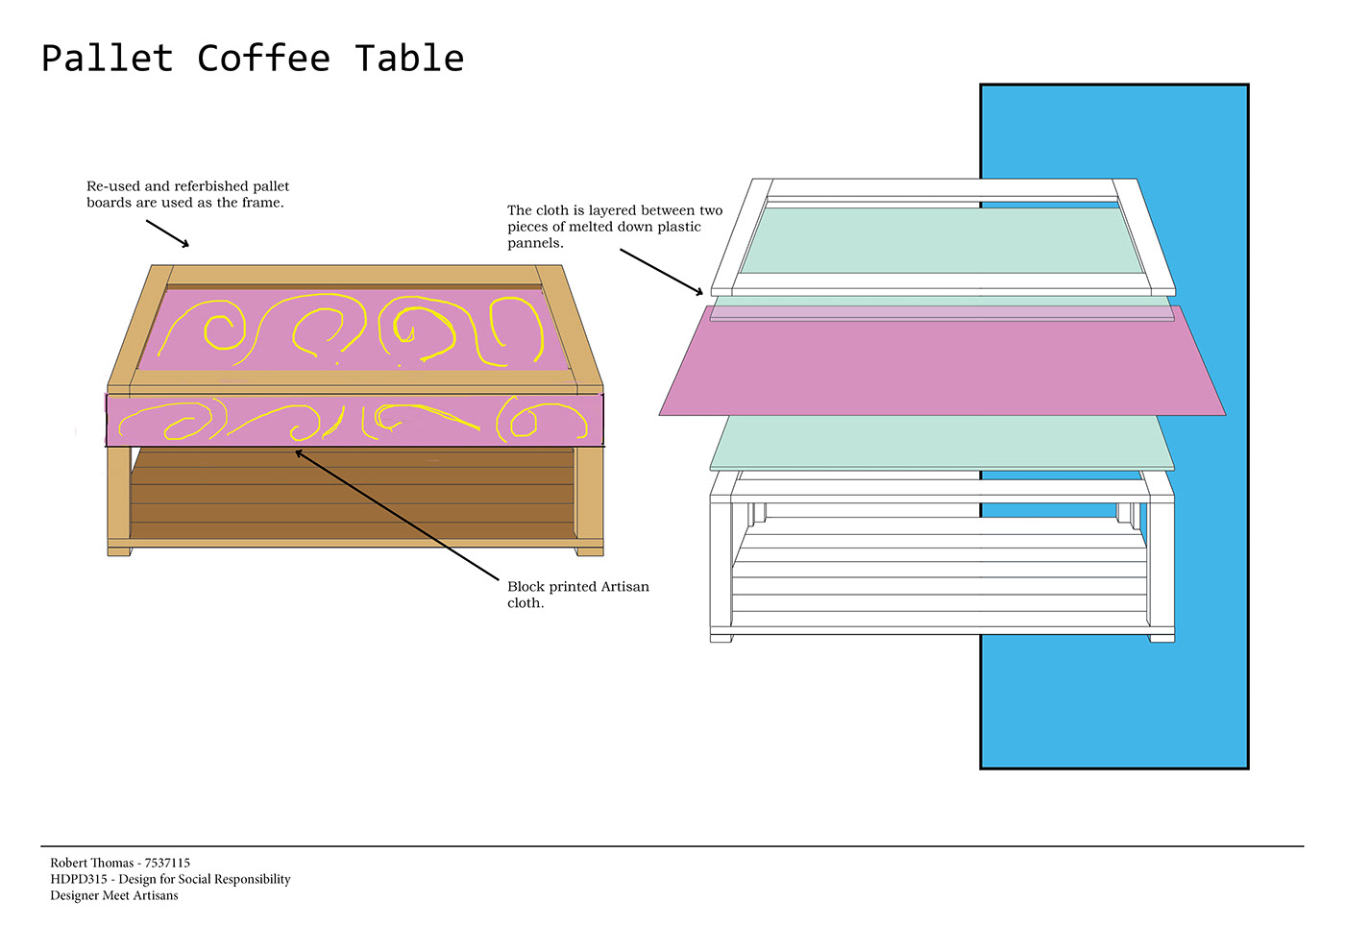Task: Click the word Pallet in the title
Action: coord(107,59)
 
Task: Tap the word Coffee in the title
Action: coord(263,59)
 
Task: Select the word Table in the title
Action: coord(409,59)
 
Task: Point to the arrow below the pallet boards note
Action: coord(167,233)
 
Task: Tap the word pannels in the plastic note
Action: coord(535,243)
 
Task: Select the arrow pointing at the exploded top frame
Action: coord(661,271)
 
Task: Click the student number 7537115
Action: coord(167,863)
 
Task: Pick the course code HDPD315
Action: coord(79,879)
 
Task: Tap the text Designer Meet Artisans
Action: coord(114,895)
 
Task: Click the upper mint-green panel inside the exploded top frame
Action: coord(941,240)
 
